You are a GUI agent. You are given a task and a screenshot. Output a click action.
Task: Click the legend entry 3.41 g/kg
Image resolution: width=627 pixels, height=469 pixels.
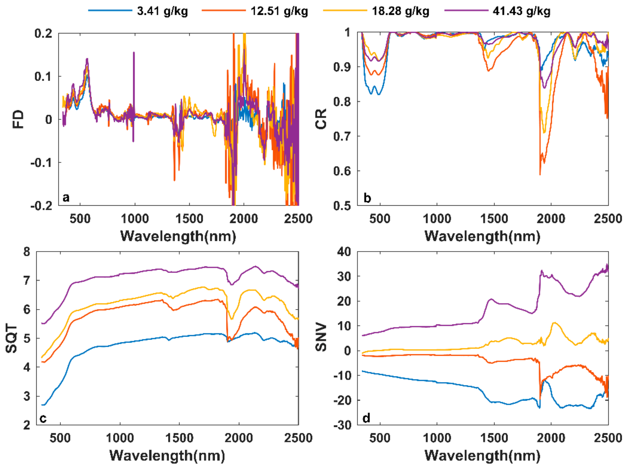tap(162, 11)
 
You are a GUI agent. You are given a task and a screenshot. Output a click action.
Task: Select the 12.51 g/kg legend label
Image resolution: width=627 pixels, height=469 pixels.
tap(279, 11)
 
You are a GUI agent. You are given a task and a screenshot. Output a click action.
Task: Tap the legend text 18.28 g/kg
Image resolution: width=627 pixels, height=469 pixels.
tap(401, 11)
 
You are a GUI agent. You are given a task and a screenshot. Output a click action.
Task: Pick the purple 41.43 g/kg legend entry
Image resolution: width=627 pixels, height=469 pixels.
tap(521, 11)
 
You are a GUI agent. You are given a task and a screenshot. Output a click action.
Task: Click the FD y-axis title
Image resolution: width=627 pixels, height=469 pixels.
tap(19, 119)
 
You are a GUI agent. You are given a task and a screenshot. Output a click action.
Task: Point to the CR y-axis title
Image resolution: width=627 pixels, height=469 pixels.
tap(321, 119)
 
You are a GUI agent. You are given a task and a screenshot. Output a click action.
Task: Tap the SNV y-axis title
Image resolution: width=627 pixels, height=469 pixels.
tap(321, 337)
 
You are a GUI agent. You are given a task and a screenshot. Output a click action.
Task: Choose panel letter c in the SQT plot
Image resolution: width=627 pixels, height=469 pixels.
tap(43, 418)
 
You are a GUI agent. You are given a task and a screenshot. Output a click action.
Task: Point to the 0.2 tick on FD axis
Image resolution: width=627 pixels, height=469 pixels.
tap(43, 34)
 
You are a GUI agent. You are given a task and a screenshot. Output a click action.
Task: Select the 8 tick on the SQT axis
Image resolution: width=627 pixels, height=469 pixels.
tap(27, 252)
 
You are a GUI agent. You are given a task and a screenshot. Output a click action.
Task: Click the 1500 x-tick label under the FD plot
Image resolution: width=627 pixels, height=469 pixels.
tap(189, 219)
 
